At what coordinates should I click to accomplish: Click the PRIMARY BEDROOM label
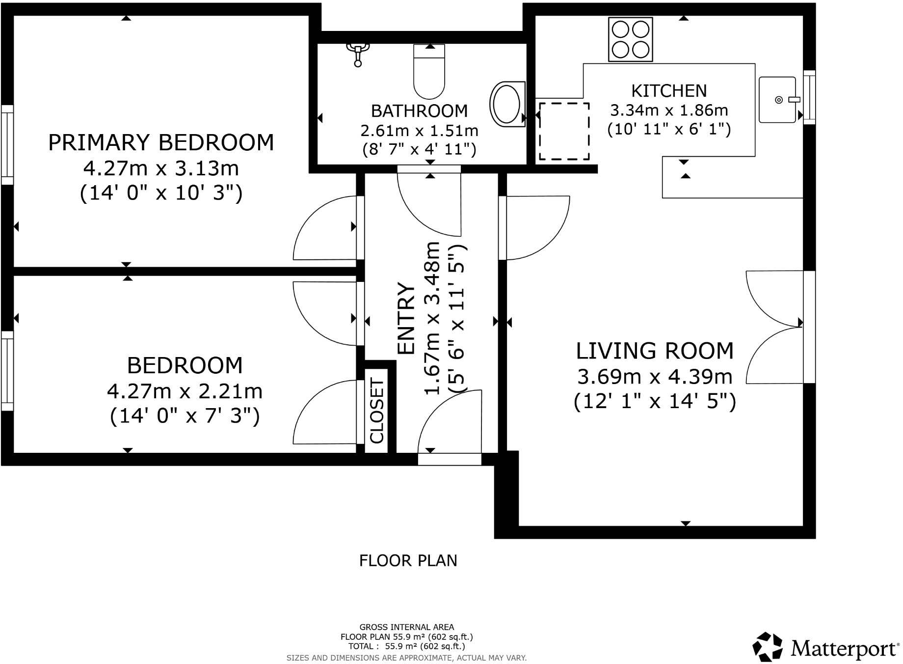tap(161, 143)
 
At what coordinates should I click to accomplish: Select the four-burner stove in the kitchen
tap(630, 39)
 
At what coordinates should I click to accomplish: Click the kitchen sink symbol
tap(777, 100)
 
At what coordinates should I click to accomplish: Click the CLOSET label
tap(376, 411)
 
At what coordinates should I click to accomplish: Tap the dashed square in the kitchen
tap(564, 131)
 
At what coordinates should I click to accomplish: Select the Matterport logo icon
tap(768, 647)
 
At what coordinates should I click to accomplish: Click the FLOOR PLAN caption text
tap(408, 561)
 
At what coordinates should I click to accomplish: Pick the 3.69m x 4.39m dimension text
tap(655, 377)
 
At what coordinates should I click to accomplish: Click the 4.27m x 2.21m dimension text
tap(185, 392)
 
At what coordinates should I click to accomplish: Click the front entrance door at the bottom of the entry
tap(449, 459)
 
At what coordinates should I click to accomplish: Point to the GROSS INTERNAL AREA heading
tap(406, 627)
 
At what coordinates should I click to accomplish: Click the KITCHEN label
tap(668, 91)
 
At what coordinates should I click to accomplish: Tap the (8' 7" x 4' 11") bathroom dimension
tap(419, 149)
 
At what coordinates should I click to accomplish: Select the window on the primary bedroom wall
tap(7, 144)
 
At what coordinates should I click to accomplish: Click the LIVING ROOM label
tap(655, 351)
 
